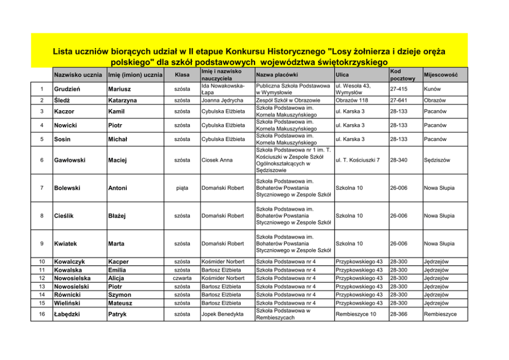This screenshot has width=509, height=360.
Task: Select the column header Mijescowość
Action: click(440, 75)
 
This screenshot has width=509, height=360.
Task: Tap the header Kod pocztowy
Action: click(402, 75)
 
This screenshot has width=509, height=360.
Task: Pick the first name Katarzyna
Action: click(122, 101)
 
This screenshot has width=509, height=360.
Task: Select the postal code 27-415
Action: click(399, 89)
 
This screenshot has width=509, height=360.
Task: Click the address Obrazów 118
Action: click(351, 101)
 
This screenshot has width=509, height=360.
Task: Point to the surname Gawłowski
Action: click(71, 160)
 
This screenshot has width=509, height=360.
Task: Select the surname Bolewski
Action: click(67, 188)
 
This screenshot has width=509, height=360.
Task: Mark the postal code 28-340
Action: click(399, 160)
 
